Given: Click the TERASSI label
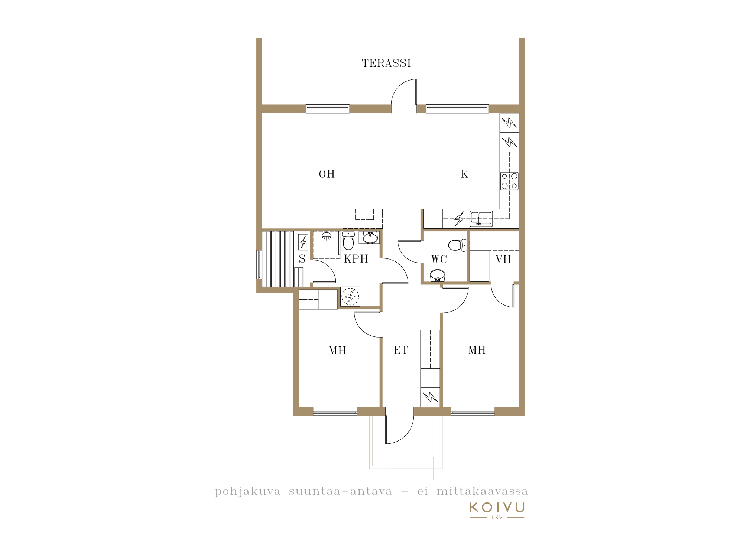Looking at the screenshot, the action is tap(386, 63).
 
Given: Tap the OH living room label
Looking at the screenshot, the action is tap(327, 174).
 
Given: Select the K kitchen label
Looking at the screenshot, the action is tap(464, 174).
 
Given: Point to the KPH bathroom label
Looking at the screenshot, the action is tap(356, 259).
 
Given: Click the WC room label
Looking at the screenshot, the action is tap(439, 260).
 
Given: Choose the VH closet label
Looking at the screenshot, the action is tap(503, 260).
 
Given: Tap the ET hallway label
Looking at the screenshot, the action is tap(401, 350).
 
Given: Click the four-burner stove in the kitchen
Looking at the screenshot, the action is tap(509, 181).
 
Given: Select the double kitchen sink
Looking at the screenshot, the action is tap(481, 218).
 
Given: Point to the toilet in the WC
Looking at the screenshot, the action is tap(458, 245).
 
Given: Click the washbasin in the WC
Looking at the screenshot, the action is tap(438, 276).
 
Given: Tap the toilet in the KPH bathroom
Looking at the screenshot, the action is tap(348, 241).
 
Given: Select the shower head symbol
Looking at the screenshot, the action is tap(327, 236).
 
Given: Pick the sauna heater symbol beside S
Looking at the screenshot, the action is tap(303, 242).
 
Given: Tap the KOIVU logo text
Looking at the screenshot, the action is tap(497, 507).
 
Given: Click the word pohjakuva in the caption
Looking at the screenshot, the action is tap(248, 492).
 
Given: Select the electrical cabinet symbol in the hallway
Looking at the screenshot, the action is tap(430, 397).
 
